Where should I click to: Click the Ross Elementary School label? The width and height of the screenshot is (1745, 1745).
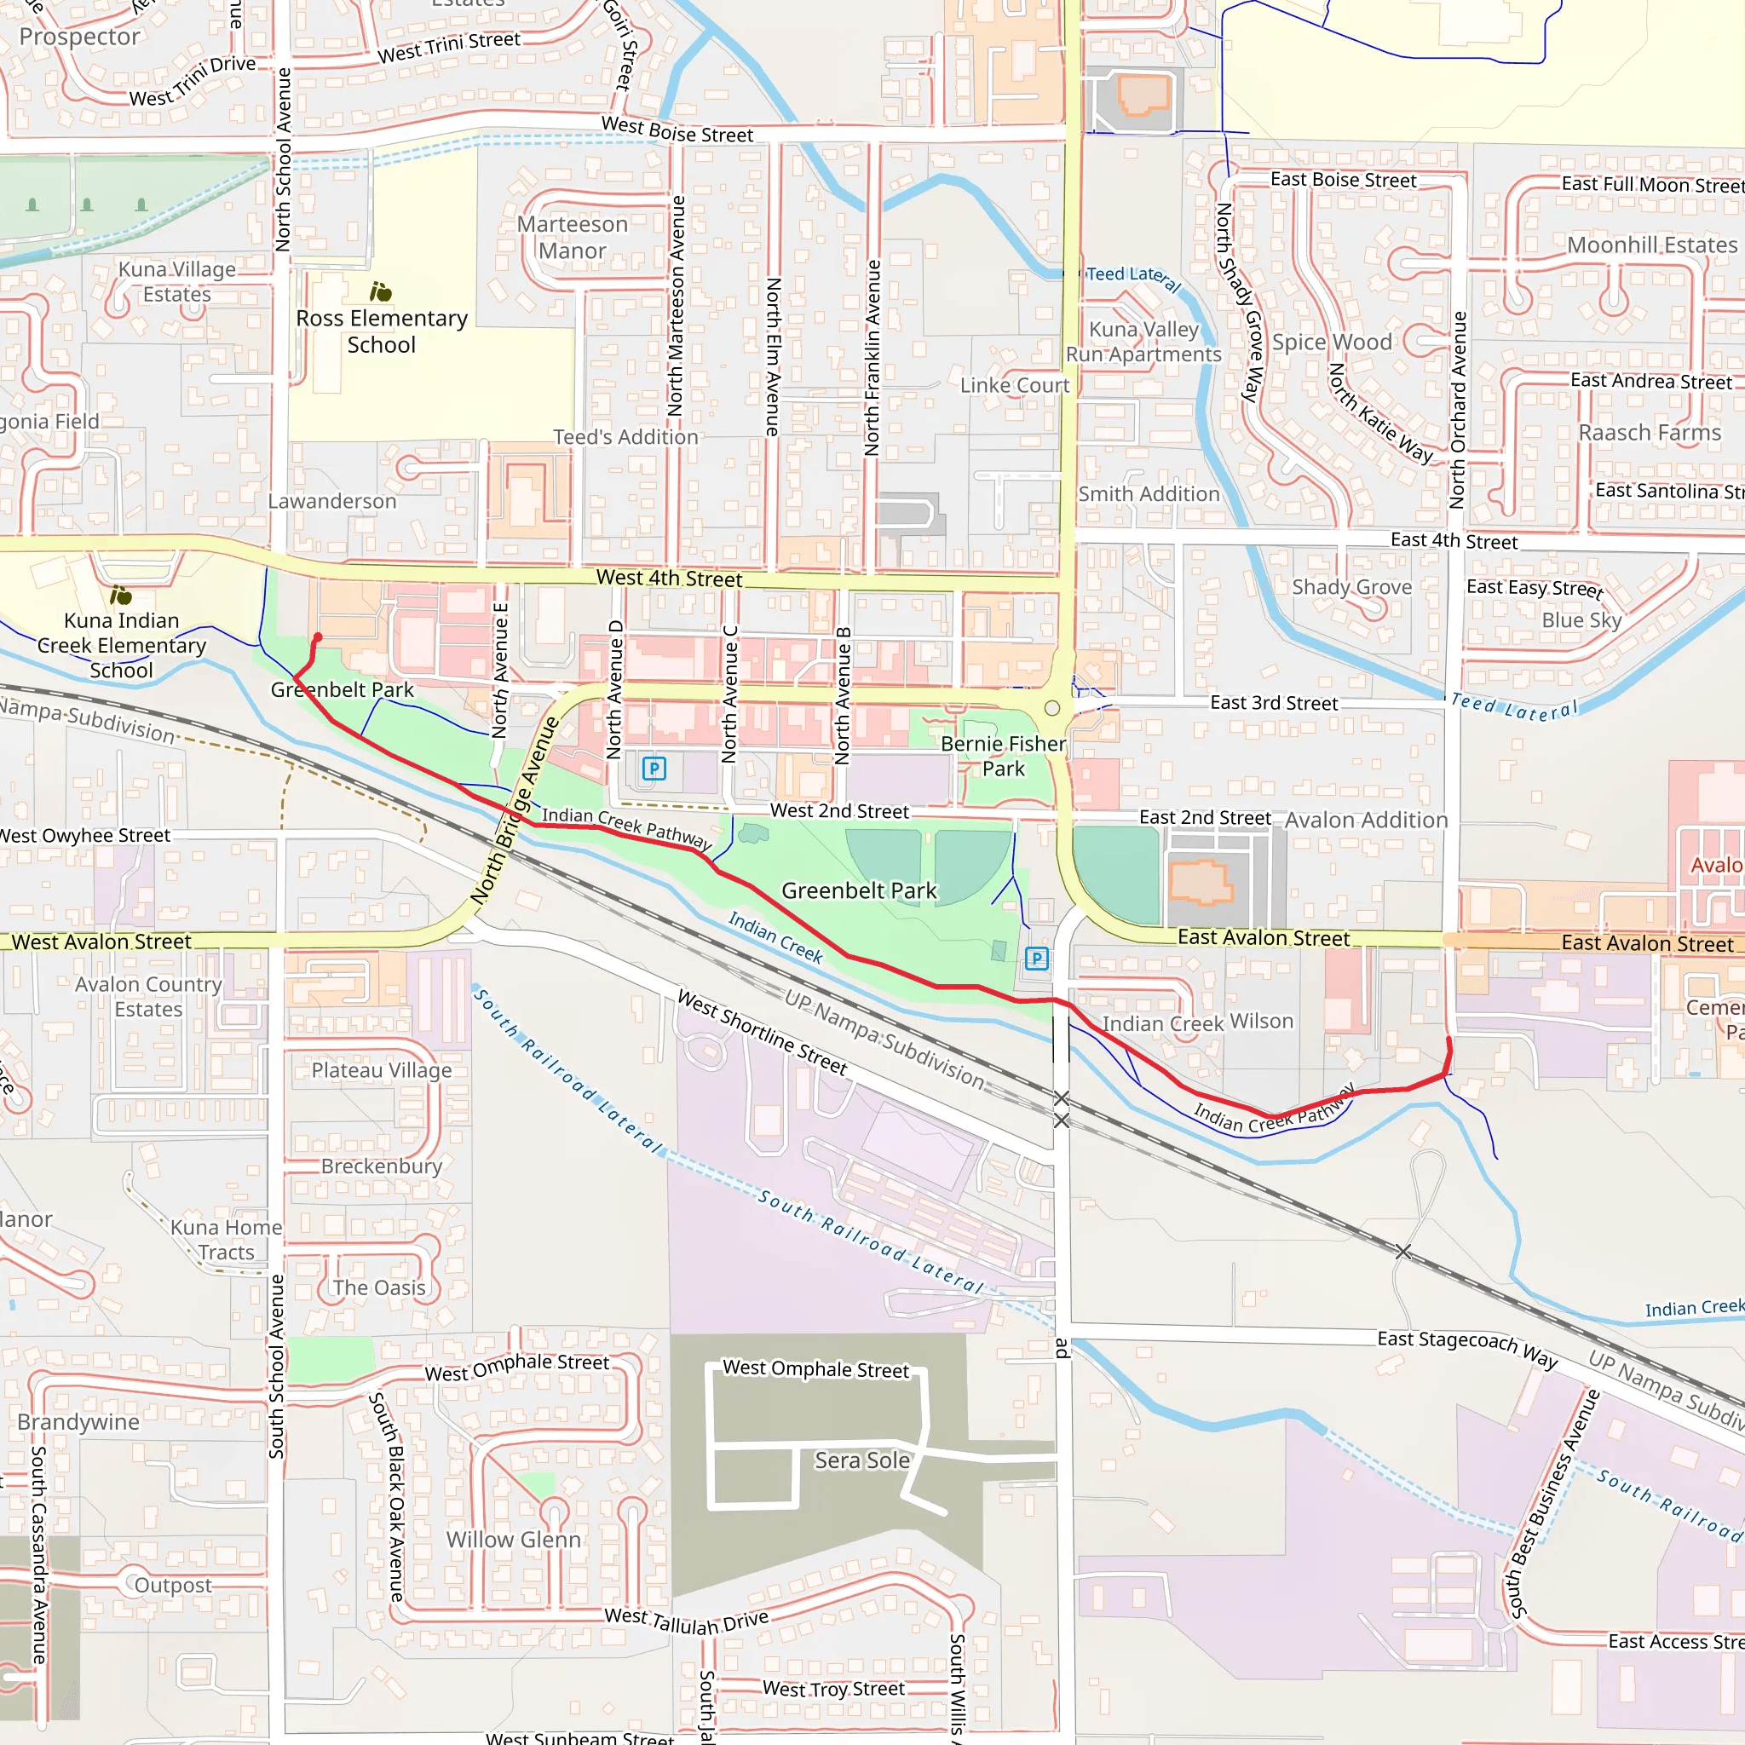pos(381,331)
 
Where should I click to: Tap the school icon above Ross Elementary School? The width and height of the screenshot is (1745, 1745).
pos(380,291)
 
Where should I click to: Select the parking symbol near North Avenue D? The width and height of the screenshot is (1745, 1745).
pos(654,769)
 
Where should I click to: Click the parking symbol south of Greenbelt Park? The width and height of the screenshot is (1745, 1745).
pos(1037,959)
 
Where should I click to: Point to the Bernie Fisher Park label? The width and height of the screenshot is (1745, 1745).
pos(1003,756)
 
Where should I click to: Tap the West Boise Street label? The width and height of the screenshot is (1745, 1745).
pos(677,130)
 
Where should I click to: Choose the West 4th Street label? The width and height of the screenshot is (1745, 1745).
pos(668,578)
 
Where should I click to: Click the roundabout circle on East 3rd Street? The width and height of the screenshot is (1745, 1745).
pos(1052,708)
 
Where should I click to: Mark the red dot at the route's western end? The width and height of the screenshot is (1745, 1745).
pos(317,637)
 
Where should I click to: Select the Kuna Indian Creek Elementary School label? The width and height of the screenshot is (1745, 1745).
pos(122,645)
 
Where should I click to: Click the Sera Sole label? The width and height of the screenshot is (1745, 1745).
pos(861,1460)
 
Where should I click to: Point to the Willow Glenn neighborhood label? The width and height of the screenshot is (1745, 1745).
pos(513,1539)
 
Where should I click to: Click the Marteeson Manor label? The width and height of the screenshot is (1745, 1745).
pos(572,238)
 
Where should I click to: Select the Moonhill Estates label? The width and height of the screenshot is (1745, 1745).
pos(1652,245)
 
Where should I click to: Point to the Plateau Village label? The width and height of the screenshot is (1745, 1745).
pos(381,1070)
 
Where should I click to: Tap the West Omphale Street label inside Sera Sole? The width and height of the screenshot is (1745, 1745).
pos(815,1369)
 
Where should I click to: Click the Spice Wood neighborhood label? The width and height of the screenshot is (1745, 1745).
pos(1332,343)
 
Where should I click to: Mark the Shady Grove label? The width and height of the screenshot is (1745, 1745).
pos(1351,587)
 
